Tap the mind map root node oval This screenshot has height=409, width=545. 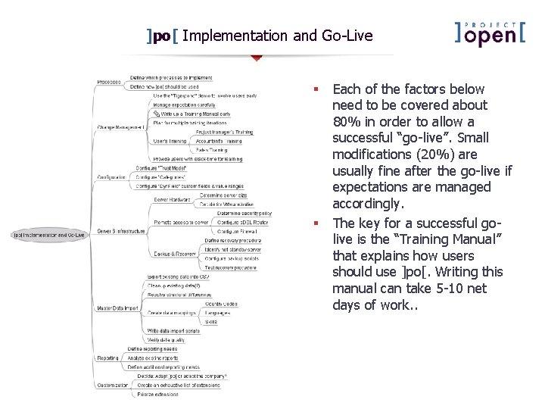pos(49,235)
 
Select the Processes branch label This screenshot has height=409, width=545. pos(109,82)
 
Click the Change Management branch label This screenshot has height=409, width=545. pos(120,127)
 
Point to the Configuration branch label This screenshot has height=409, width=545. pos(112,176)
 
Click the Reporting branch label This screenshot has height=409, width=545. pos(107,358)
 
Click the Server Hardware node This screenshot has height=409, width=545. pos(172,199)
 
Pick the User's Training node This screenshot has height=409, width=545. pos(170,141)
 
